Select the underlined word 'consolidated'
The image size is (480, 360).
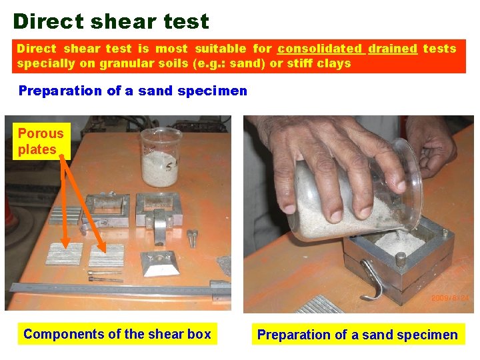click(x=319, y=49)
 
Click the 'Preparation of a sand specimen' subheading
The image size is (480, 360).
click(x=133, y=91)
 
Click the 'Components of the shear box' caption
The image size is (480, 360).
click(x=117, y=334)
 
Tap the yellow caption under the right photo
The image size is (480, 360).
click(x=357, y=335)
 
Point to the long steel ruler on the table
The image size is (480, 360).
click(x=113, y=288)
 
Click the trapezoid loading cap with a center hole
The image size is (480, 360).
click(x=159, y=263)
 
